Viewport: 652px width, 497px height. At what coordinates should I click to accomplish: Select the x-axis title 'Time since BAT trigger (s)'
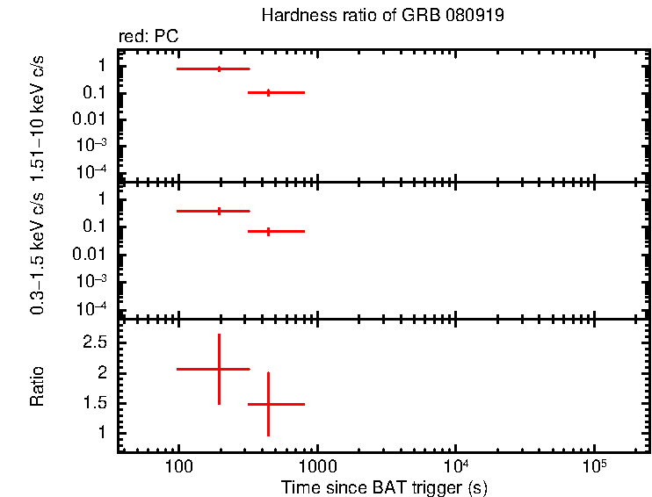[384, 486]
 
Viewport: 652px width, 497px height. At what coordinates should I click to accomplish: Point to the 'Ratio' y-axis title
[38, 386]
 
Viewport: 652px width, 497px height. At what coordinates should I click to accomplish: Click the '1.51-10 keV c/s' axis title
[38, 115]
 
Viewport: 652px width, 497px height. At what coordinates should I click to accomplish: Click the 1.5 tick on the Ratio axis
[95, 403]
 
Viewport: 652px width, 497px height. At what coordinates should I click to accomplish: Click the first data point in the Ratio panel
[219, 369]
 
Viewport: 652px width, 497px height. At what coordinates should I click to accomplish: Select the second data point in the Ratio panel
[268, 404]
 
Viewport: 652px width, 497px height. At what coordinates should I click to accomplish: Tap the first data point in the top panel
[219, 68]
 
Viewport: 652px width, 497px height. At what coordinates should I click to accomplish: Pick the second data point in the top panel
[268, 92]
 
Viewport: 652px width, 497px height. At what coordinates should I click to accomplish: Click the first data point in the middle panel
[219, 211]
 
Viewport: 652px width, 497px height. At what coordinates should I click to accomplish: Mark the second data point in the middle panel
[268, 231]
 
